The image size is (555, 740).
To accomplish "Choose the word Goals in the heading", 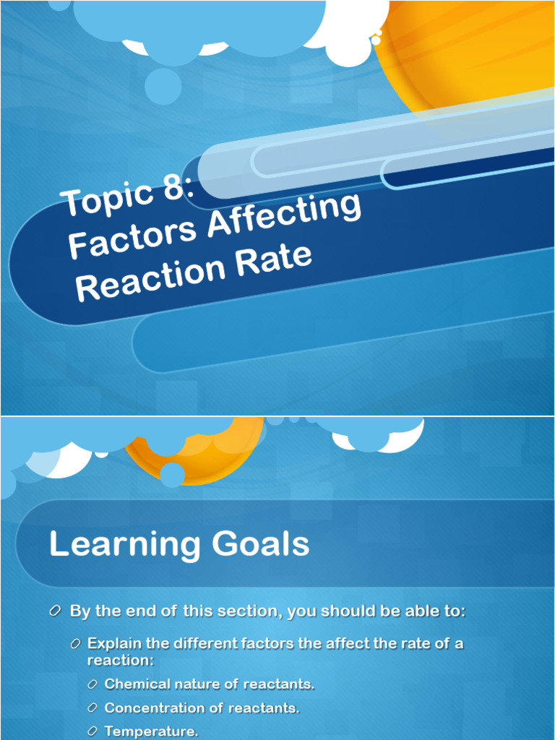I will (x=263, y=544).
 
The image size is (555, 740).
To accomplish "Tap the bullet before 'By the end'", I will (x=56, y=611).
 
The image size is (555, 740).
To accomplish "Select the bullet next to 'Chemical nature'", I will (x=92, y=684).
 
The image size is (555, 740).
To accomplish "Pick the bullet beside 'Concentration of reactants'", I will (x=92, y=708).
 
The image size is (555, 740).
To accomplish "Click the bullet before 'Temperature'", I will (x=92, y=732).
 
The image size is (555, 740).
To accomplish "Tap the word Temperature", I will (x=151, y=731).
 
